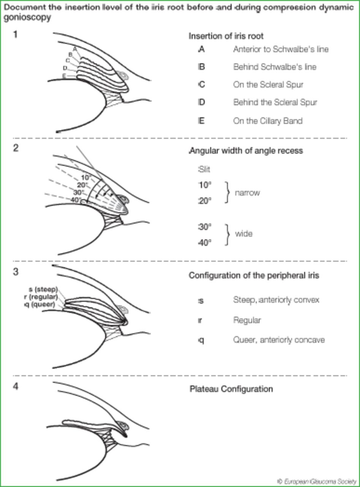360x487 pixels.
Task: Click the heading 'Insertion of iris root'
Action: tap(226, 36)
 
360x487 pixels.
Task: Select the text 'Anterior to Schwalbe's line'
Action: tap(281, 49)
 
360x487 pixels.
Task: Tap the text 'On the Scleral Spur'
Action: tap(268, 84)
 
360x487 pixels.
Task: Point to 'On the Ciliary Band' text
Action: tap(268, 121)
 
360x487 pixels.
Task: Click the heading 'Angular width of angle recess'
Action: tap(246, 151)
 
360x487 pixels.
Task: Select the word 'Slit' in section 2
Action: tap(204, 170)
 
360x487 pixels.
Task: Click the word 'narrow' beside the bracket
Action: tap(247, 193)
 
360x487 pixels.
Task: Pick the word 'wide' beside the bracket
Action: tap(244, 234)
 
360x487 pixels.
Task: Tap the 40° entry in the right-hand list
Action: tap(205, 242)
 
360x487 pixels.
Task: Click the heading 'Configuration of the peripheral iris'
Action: tap(254, 275)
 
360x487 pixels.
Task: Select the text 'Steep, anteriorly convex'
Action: tap(276, 300)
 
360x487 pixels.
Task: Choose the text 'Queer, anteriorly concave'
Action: tap(279, 340)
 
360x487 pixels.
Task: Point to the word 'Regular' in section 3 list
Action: tap(247, 320)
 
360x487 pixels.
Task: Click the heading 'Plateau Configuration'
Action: tap(231, 389)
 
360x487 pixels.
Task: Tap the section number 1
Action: tap(15, 35)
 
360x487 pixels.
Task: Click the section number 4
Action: tap(15, 387)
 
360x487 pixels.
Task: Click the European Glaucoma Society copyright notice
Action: tap(317, 481)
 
